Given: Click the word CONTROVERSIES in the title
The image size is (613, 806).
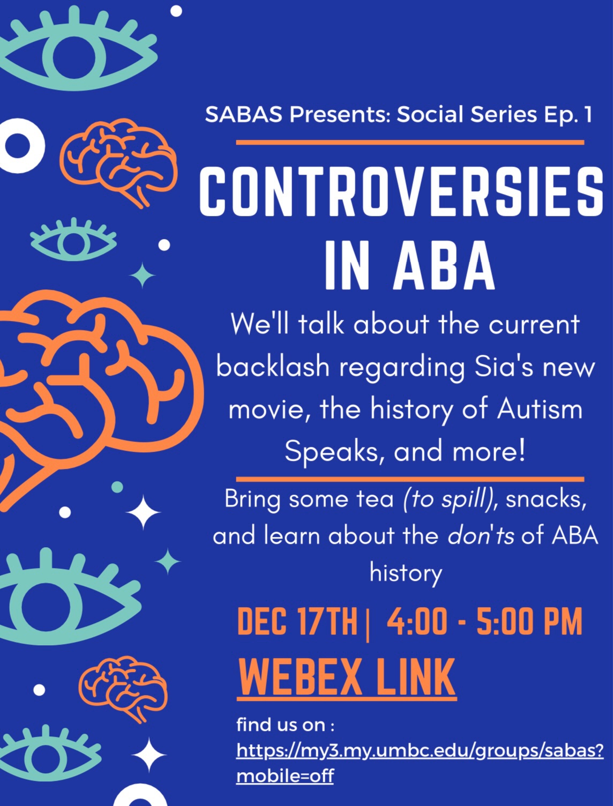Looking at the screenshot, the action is tap(401, 192).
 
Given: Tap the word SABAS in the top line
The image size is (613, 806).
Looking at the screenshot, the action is tap(244, 114).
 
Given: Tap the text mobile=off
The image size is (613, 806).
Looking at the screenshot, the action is tap(285, 776).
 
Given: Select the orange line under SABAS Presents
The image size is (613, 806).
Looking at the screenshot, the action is tap(410, 142).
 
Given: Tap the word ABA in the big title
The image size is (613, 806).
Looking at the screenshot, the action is tap(444, 265).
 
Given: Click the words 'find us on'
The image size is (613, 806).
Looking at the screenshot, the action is tap(281, 725).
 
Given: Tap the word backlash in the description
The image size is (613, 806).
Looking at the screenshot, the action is tap(273, 367).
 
